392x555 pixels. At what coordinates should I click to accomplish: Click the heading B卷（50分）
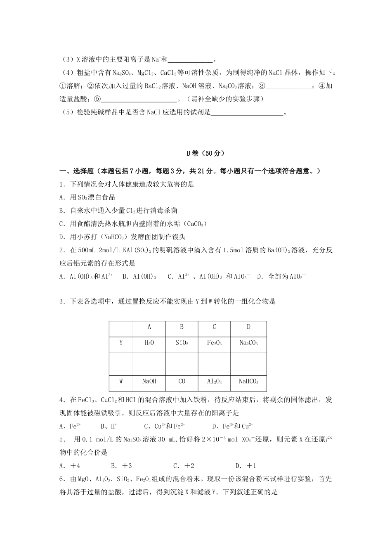point(205,153)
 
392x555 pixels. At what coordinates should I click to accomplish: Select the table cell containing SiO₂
point(182,343)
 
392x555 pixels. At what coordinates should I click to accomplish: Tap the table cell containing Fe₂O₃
point(214,343)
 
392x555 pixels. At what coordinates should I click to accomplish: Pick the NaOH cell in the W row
point(149,382)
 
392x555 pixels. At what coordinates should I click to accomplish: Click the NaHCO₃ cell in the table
point(248,382)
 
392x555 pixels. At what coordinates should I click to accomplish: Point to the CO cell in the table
point(182,382)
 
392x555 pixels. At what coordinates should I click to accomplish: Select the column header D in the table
point(248,327)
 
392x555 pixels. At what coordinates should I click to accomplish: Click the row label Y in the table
point(121,343)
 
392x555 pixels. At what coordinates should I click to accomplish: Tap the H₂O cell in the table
point(149,343)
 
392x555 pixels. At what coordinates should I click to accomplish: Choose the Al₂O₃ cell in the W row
point(214,382)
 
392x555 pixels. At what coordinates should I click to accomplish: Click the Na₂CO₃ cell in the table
point(248,343)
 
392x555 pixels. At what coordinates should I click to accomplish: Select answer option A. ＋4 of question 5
point(70,466)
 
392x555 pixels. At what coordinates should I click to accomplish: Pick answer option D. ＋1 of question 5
point(246,466)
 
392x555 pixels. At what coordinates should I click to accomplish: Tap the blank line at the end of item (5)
point(247,112)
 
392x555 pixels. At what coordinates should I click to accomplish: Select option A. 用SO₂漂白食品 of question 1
point(87,197)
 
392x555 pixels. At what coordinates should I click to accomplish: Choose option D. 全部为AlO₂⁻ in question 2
point(281,277)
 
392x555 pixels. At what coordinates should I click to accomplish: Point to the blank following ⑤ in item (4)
point(138,99)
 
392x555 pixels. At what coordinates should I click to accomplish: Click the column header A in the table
point(149,327)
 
